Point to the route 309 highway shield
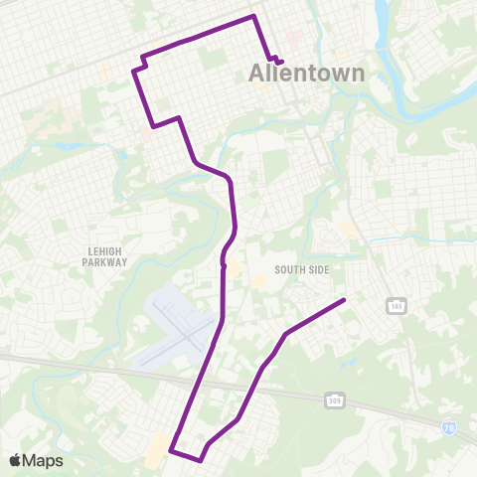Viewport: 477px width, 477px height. [x=334, y=398]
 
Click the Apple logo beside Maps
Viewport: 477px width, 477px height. [x=15, y=460]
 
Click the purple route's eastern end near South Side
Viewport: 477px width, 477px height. [x=344, y=300]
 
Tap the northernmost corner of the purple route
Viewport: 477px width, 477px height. [x=254, y=16]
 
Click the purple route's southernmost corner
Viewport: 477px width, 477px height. [x=201, y=460]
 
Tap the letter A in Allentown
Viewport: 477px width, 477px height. [x=255, y=74]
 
